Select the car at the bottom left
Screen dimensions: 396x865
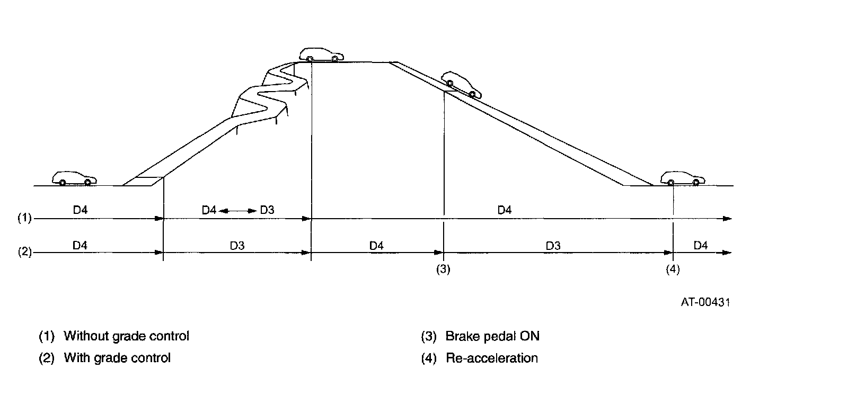(x=75, y=178)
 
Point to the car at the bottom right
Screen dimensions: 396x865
(x=683, y=178)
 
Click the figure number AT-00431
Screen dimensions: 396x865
(x=705, y=302)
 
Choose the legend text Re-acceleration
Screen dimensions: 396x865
(x=492, y=358)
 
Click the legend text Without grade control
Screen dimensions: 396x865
(x=126, y=336)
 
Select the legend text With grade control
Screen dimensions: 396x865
(x=117, y=358)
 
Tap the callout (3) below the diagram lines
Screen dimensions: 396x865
(x=443, y=269)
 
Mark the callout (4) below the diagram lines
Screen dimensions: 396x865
(x=673, y=269)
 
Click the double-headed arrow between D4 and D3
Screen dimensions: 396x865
(x=237, y=211)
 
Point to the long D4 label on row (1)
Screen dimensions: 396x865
(x=505, y=210)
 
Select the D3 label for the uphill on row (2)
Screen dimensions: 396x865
(x=237, y=246)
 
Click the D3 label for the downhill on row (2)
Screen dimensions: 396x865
(x=553, y=246)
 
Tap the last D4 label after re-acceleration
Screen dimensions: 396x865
(x=701, y=246)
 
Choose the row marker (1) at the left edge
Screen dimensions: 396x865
(x=25, y=218)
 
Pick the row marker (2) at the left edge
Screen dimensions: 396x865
(x=25, y=253)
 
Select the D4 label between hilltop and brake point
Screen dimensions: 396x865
(x=376, y=246)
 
